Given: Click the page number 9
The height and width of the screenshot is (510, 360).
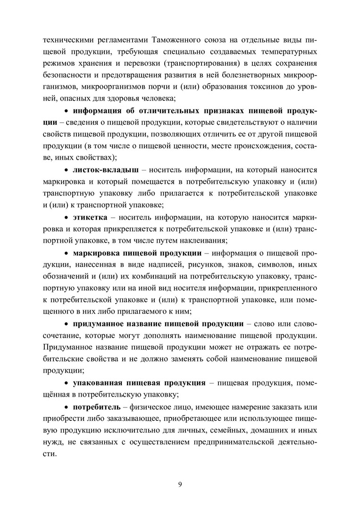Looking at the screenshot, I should [180, 483].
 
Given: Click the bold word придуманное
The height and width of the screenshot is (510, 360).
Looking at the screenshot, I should [98, 323].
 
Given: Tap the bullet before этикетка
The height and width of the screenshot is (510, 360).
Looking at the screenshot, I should [66, 217].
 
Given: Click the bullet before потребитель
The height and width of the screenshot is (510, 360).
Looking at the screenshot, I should [66, 407].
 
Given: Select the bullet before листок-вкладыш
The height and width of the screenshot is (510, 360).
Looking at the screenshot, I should [66, 169].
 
